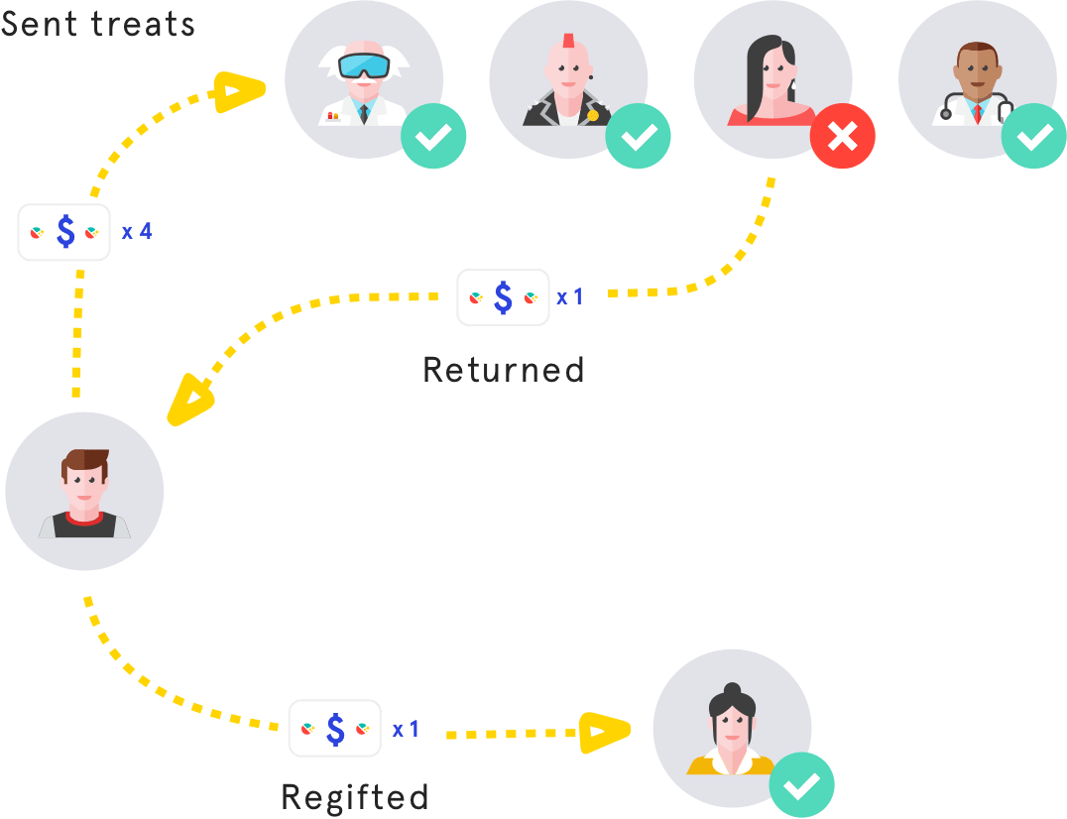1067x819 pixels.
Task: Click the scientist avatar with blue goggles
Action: click(363, 79)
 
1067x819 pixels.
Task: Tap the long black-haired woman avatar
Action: click(771, 79)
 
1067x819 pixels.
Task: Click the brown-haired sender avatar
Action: click(84, 491)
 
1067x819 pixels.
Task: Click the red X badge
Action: click(843, 137)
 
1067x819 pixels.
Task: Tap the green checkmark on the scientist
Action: click(433, 137)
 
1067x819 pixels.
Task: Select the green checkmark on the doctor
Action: click(1034, 137)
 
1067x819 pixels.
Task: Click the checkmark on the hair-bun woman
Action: click(801, 785)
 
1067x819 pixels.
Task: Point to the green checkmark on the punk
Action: click(638, 137)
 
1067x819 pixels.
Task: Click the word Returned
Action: click(504, 370)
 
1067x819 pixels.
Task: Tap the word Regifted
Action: click(355, 796)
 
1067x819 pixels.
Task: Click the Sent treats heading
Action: click(97, 22)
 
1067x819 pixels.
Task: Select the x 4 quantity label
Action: click(137, 232)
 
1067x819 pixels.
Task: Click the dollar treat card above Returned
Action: click(503, 296)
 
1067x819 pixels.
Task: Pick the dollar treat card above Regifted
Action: click(335, 729)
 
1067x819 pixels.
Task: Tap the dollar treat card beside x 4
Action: click(64, 232)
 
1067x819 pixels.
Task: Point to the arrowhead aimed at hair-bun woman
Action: click(604, 733)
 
